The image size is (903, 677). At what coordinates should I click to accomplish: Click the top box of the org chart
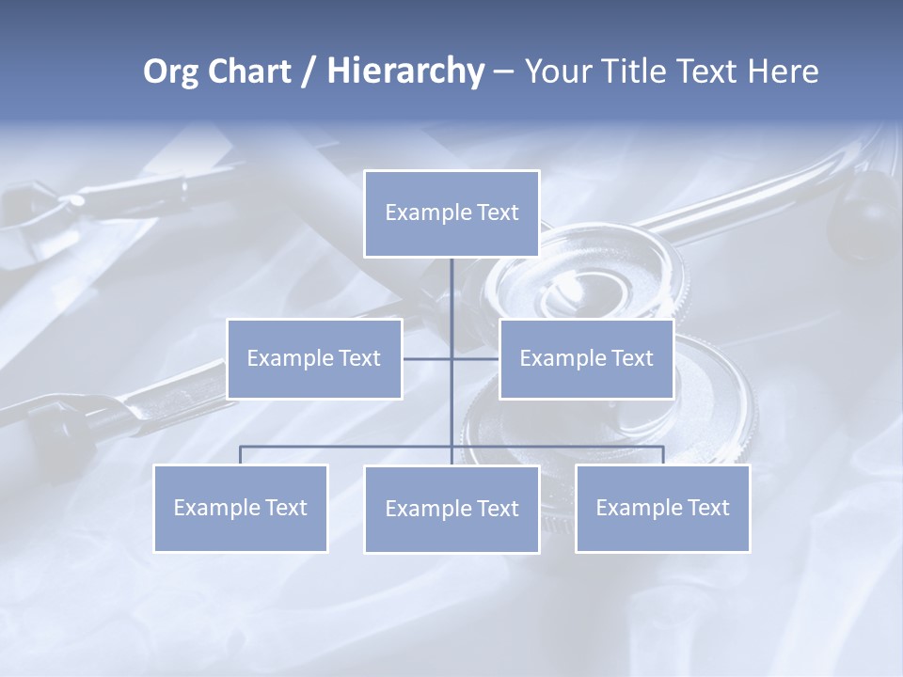tap(451, 213)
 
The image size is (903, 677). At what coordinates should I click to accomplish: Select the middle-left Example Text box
tap(314, 358)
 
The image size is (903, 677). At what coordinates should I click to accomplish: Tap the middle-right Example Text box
tap(586, 358)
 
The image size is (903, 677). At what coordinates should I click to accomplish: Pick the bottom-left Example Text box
tap(241, 508)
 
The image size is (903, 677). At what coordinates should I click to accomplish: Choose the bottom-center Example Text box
tap(451, 509)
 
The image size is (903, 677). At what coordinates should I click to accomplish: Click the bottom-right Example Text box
tap(662, 508)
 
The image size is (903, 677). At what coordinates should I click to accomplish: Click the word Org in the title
tap(170, 71)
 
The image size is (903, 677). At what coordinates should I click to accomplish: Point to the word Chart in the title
tap(247, 71)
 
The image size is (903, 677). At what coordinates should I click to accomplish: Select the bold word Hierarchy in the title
tap(404, 71)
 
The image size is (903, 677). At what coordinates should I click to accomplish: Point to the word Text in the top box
tap(497, 213)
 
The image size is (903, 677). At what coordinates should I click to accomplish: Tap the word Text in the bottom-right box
tap(707, 508)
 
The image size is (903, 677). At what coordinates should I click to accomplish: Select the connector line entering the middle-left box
tap(426, 358)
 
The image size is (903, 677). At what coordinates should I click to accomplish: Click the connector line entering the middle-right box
tap(476, 358)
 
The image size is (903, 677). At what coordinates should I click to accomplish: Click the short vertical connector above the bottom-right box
tap(663, 455)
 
